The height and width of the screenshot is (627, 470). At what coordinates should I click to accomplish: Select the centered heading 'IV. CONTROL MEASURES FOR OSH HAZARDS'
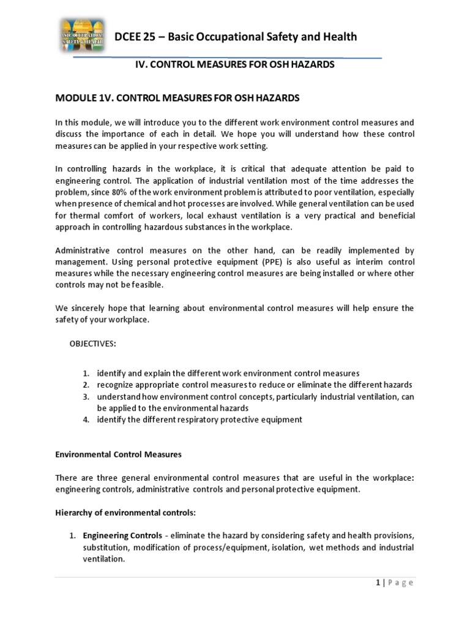(234, 64)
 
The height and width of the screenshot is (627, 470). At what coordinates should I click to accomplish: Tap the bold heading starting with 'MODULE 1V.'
(177, 98)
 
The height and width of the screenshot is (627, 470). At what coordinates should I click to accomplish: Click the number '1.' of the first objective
(87, 373)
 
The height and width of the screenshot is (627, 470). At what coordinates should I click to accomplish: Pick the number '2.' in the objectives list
(87, 385)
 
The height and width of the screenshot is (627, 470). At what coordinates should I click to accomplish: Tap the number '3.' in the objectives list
(87, 396)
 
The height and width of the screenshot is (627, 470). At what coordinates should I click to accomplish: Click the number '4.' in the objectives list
(87, 419)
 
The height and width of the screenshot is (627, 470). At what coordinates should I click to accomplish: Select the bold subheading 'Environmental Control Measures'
(118, 455)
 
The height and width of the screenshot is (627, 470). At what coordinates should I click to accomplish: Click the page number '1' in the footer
(379, 582)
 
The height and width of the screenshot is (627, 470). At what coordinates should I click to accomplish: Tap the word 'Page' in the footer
(401, 582)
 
